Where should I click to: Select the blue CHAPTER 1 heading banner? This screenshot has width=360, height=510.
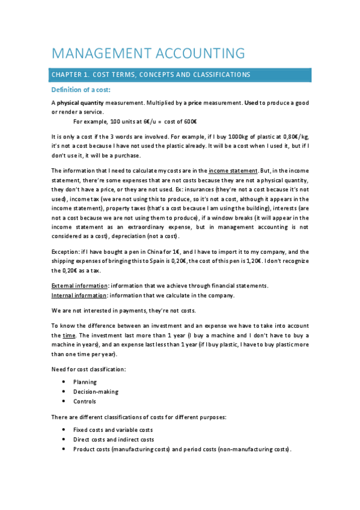pyautogui.click(x=181, y=75)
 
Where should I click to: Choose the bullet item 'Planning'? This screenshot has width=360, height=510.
pyautogui.click(x=85, y=382)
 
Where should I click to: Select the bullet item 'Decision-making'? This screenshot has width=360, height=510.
pyautogui.click(x=96, y=392)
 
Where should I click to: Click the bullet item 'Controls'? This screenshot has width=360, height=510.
pyautogui.click(x=85, y=401)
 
